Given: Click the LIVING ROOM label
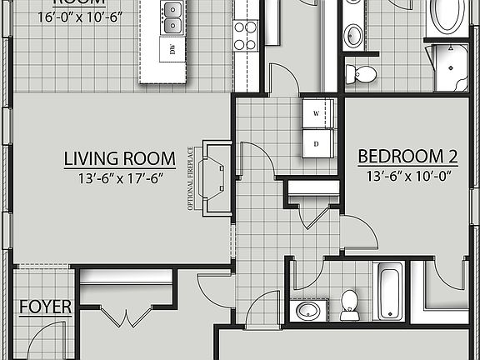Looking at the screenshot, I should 120,158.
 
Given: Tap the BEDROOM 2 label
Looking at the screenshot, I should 408,156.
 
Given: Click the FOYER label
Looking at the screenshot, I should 46,307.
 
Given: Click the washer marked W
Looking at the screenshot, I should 317,112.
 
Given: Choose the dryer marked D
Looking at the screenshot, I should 317,142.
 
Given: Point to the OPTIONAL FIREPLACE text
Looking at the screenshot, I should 191,178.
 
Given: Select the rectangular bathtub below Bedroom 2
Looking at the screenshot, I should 390,291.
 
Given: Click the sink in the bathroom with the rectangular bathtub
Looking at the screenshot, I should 308,311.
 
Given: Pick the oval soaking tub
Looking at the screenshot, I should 450,17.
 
